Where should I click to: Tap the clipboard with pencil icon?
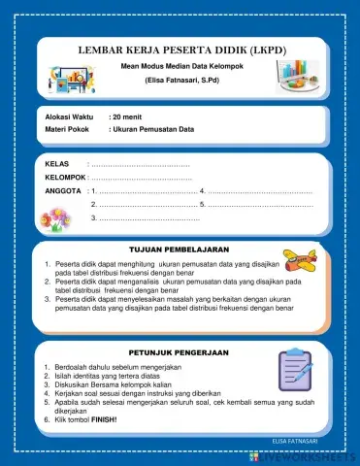click(293, 370)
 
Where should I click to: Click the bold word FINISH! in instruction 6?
click(105, 418)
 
